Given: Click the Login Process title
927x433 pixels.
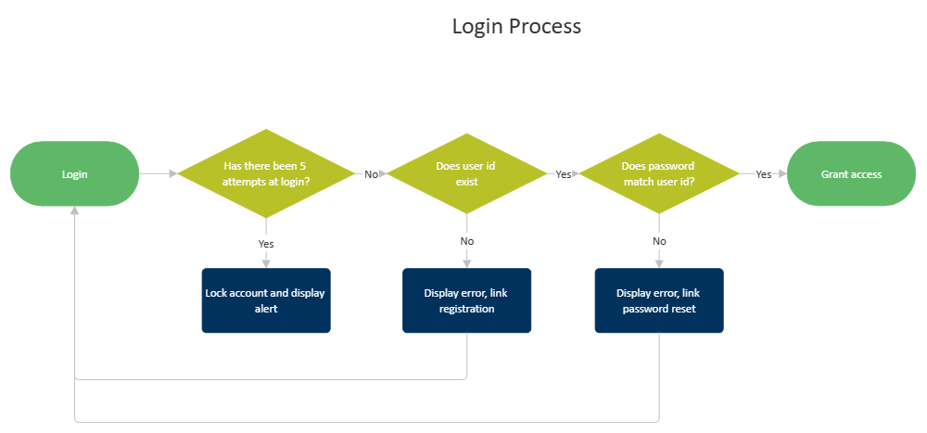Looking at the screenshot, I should point(516,26).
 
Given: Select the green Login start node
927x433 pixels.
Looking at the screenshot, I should point(74,173).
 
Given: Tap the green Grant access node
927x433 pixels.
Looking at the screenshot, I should point(851,173).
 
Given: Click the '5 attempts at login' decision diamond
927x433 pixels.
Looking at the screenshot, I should point(266,173).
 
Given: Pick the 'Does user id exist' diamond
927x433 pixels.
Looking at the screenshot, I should point(466,173).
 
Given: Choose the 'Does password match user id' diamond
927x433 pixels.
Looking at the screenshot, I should point(658,173).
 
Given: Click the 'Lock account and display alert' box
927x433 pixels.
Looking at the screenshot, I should point(265,300).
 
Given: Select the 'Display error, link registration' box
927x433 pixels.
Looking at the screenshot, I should point(466,300).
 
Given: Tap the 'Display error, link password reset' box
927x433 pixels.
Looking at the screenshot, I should point(658,300).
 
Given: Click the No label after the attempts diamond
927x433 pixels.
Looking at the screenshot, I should point(371,173).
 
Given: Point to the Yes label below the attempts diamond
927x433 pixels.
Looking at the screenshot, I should point(266,243).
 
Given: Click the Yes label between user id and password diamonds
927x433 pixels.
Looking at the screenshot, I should point(563,173).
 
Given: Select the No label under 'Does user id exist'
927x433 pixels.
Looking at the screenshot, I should point(466,241).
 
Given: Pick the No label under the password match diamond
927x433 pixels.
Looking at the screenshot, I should point(659,241).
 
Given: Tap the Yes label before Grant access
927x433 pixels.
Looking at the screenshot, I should point(763,173).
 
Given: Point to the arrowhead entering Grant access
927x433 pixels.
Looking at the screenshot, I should point(781,173).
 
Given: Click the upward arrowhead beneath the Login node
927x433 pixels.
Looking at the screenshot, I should point(74,212).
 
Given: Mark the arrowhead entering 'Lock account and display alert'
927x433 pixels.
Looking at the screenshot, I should point(266,263).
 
